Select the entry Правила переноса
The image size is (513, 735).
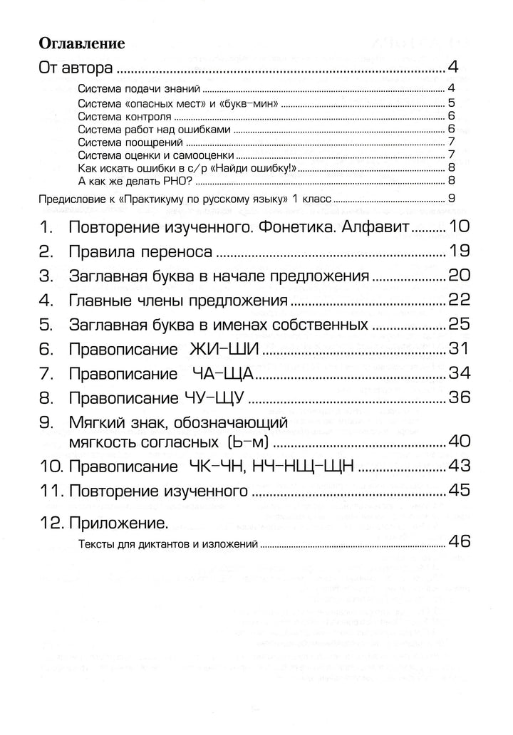[x=142, y=251]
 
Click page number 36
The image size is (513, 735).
[x=457, y=397]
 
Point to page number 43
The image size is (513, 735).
[x=457, y=466]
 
